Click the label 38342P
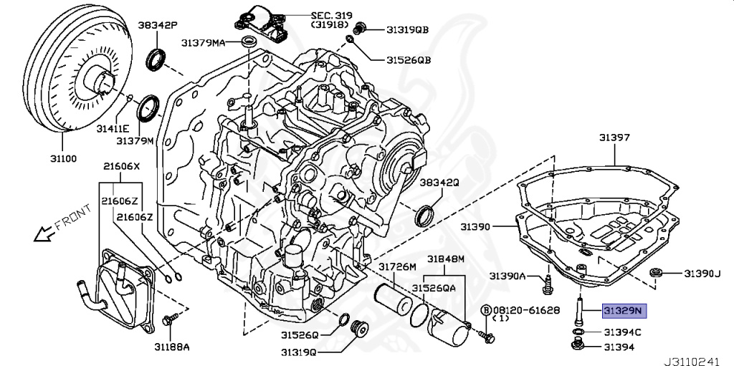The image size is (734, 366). click(x=153, y=24)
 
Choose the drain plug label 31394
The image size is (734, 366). click(x=620, y=347)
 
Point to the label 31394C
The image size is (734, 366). click(x=622, y=332)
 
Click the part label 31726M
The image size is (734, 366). click(x=396, y=266)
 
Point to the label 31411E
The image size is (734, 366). click(x=113, y=127)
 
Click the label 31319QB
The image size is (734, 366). click(x=407, y=29)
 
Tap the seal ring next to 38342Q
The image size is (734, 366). click(x=426, y=214)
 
